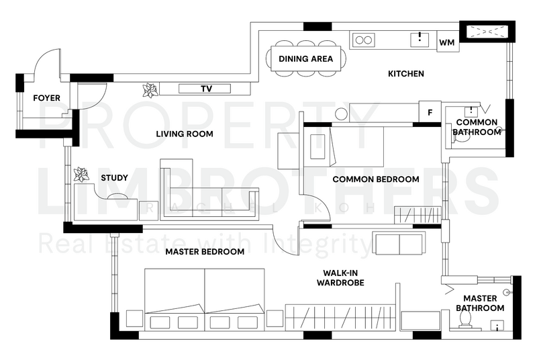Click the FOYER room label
click(x=46, y=98)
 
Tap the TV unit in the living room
click(x=205, y=89)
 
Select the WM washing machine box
click(x=448, y=42)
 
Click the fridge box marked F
click(x=430, y=111)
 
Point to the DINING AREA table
click(x=306, y=58)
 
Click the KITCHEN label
click(x=406, y=74)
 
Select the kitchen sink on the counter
click(x=420, y=40)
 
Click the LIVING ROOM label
click(x=185, y=134)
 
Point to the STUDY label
click(x=114, y=178)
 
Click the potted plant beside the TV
click(x=150, y=90)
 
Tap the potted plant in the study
click(x=81, y=175)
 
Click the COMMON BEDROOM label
click(x=376, y=179)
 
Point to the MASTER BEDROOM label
click(x=205, y=252)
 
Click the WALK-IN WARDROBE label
click(x=340, y=278)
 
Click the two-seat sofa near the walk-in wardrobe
click(x=399, y=243)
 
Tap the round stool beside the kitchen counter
click(x=341, y=114)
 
